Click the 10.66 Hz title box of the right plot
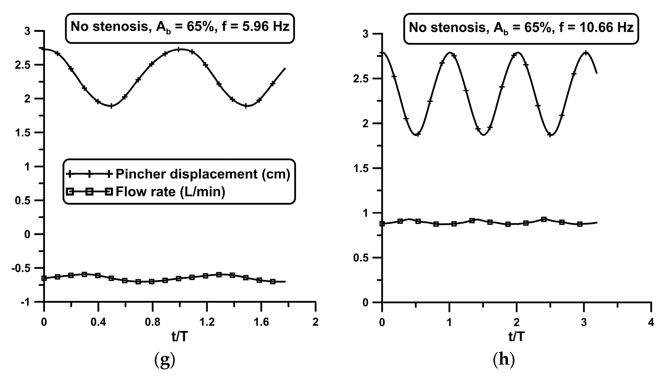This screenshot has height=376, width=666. click(x=521, y=29)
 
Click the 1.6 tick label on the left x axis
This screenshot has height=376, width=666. click(x=261, y=322)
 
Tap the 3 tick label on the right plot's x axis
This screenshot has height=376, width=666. click(x=584, y=323)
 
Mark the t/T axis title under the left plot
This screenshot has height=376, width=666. click(x=180, y=337)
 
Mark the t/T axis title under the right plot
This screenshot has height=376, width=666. click(x=517, y=337)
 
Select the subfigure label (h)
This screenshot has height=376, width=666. click(x=504, y=360)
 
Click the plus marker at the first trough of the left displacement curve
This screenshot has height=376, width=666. click(x=111, y=106)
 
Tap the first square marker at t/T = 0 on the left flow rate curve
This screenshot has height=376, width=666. click(x=44, y=278)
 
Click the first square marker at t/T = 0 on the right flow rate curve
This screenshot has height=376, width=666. click(x=382, y=224)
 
